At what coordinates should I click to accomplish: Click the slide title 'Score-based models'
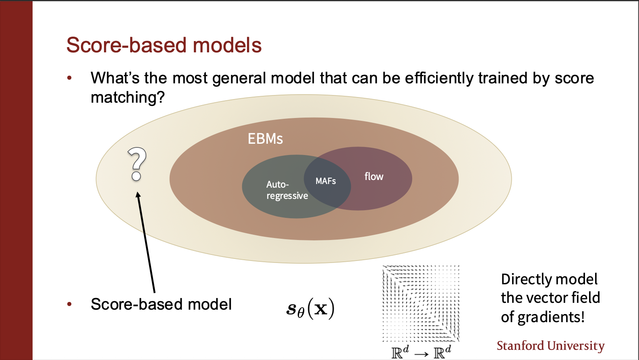164,45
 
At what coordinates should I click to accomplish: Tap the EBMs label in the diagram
265,139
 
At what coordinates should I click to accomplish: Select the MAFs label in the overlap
326,181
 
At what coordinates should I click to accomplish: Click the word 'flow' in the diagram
374,176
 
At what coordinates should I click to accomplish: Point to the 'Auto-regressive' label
286,190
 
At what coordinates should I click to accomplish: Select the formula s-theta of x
310,308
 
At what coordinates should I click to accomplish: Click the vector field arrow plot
421,303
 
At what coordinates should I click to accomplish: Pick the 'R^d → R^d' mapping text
421,352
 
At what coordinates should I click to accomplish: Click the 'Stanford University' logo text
550,346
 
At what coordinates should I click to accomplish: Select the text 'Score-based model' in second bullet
161,304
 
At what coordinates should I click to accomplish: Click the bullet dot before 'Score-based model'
70,304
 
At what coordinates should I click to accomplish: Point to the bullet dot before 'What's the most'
70,78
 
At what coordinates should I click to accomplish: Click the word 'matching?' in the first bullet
128,97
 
